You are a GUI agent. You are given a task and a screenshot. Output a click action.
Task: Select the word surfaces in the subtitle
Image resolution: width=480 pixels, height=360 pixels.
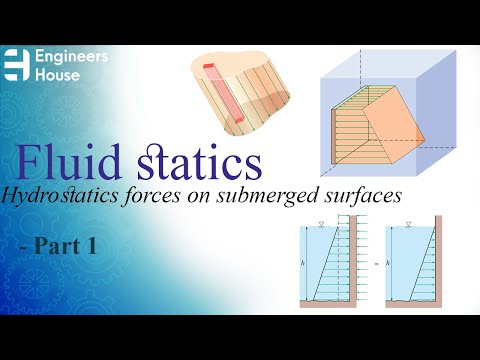coord(361,197)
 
